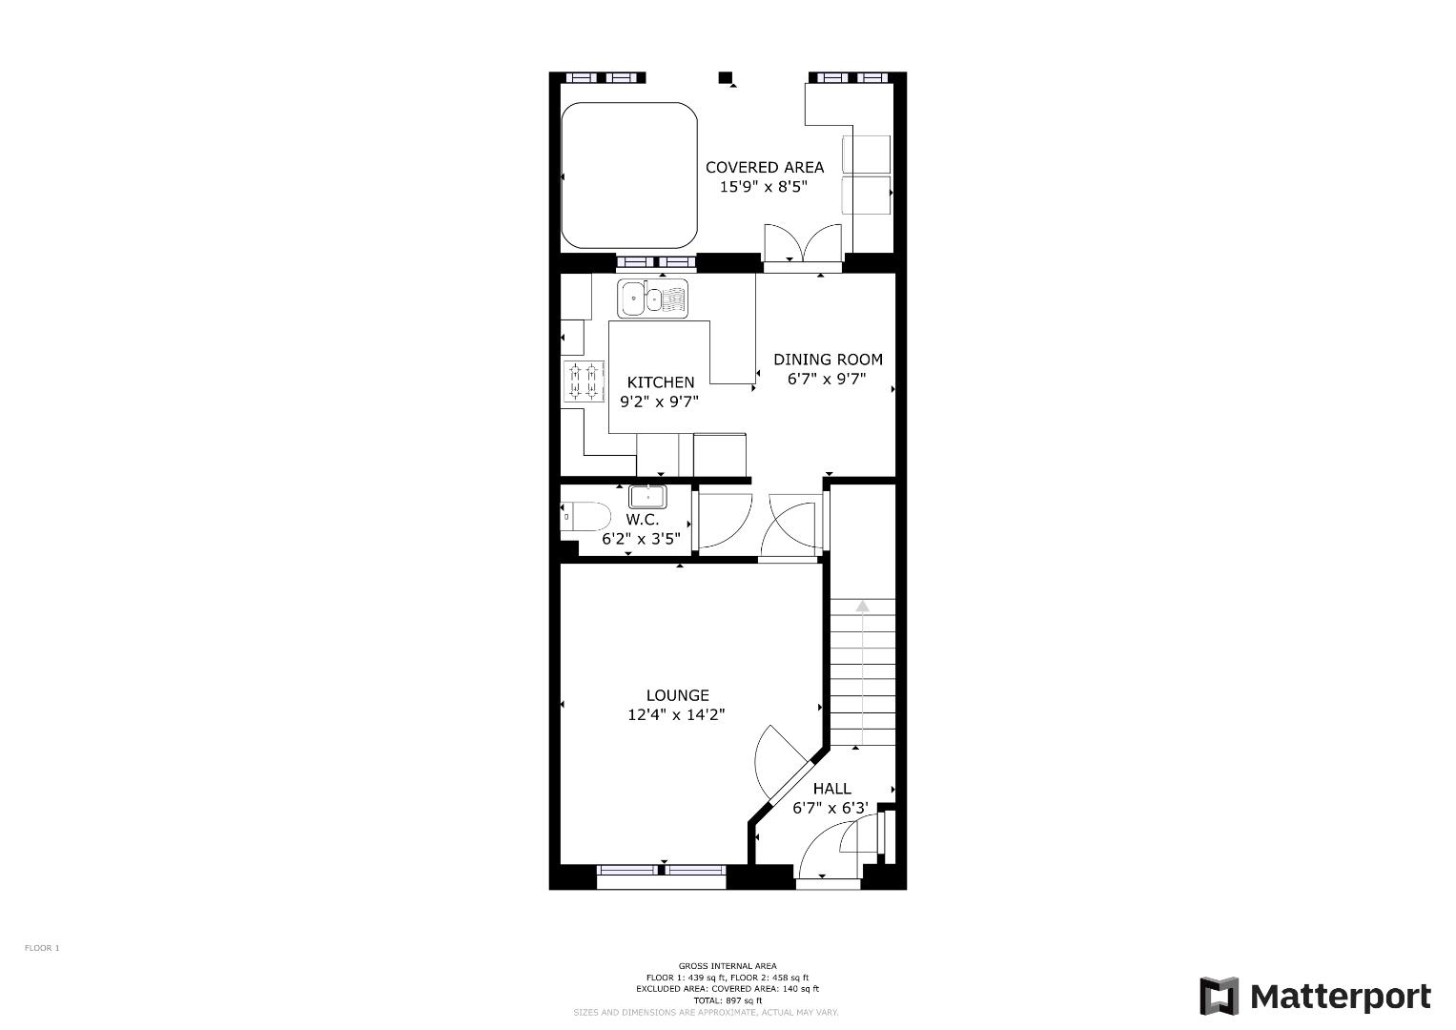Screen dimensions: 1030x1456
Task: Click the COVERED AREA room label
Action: pos(764,167)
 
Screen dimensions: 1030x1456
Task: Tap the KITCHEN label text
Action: pos(661,382)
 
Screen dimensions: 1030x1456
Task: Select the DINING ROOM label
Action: pos(828,360)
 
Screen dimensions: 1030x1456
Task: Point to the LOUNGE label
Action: pos(677,695)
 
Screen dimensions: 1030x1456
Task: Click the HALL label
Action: pos(831,789)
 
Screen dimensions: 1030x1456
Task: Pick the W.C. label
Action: pos(642,520)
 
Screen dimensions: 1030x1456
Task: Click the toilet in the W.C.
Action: pos(584,517)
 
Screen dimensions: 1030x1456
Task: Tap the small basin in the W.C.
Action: pos(647,497)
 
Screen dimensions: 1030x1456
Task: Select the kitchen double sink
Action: pos(652,299)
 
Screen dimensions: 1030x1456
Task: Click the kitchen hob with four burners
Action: pos(584,382)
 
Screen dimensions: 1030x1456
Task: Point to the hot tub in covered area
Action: pos(629,175)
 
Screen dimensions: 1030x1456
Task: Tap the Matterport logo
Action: pos(1315,997)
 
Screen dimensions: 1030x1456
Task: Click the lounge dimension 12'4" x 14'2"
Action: pos(676,715)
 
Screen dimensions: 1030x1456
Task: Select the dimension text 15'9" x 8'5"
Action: pos(763,188)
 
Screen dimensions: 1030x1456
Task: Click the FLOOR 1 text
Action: pos(42,948)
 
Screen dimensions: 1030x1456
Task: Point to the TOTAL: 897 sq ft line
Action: pos(728,1000)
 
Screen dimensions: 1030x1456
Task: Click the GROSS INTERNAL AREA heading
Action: pos(728,966)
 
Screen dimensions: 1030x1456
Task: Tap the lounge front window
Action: pos(661,870)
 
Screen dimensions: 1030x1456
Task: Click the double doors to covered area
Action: pos(803,244)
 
